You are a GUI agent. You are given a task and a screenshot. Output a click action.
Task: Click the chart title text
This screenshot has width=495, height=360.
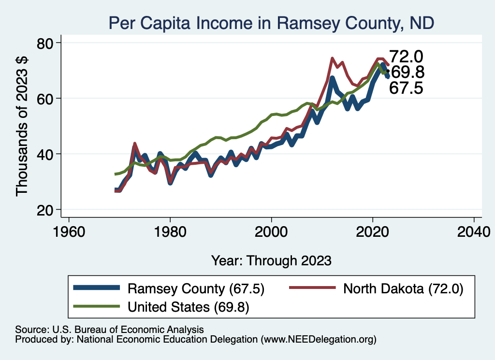[x=271, y=22]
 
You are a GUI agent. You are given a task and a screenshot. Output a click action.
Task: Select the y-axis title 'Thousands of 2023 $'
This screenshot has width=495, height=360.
[x=23, y=126]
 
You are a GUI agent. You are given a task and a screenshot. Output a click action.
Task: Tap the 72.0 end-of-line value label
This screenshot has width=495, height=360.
[x=406, y=57]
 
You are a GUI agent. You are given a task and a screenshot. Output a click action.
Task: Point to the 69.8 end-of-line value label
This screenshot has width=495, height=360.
[x=407, y=72]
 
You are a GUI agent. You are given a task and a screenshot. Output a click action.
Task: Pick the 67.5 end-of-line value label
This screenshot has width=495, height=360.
[x=406, y=88]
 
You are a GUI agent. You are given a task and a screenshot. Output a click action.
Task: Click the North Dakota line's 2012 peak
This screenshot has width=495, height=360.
[x=332, y=58]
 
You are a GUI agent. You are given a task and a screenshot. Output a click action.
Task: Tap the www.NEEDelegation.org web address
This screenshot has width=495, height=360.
[x=318, y=340]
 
